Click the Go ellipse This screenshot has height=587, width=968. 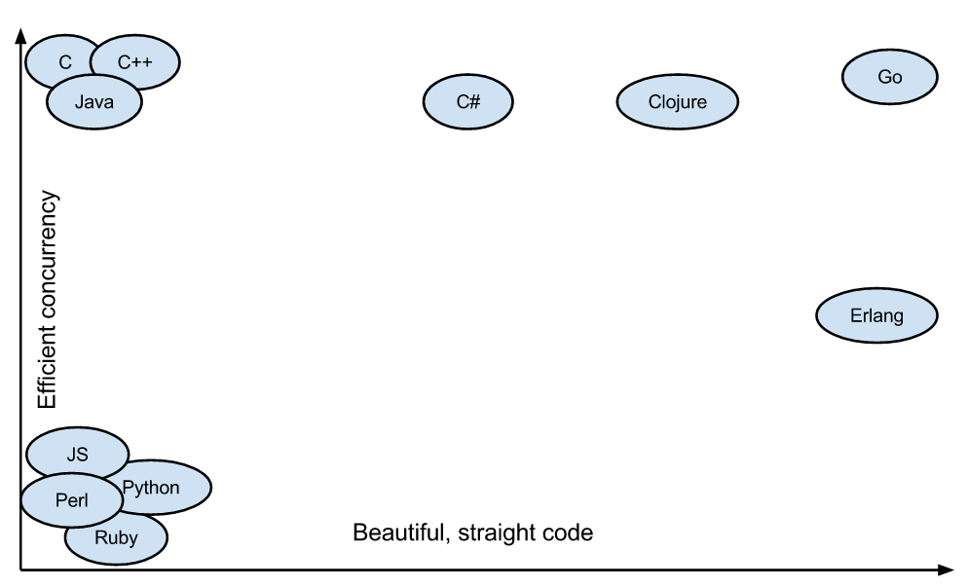point(889,77)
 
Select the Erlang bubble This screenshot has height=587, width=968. point(875,315)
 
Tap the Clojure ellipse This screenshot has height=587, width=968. point(677,100)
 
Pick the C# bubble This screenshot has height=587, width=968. point(467,100)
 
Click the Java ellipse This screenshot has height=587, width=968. point(94,101)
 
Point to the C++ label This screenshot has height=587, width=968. point(135,62)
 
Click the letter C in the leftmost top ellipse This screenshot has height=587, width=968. point(65,62)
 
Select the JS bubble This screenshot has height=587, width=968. point(77,454)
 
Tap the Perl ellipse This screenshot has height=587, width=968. point(71,500)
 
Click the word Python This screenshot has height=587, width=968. point(151,487)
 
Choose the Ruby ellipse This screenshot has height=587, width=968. point(116,536)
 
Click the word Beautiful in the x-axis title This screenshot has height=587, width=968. point(393,533)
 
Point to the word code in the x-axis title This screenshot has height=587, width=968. point(571,533)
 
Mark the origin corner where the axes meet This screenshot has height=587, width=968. point(19,569)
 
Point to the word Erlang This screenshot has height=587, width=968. point(875,315)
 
